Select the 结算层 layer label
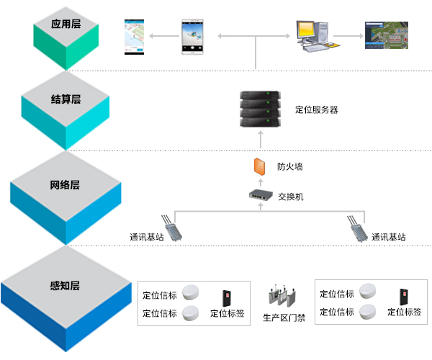coord(66,99)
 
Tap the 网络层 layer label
coord(65,185)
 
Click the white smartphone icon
coord(190,35)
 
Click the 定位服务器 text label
coord(316,111)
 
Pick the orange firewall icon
coord(259,166)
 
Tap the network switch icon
coord(260,194)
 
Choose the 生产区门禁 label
coord(284,318)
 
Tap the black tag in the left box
coord(226,297)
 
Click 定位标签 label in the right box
coord(405,312)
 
